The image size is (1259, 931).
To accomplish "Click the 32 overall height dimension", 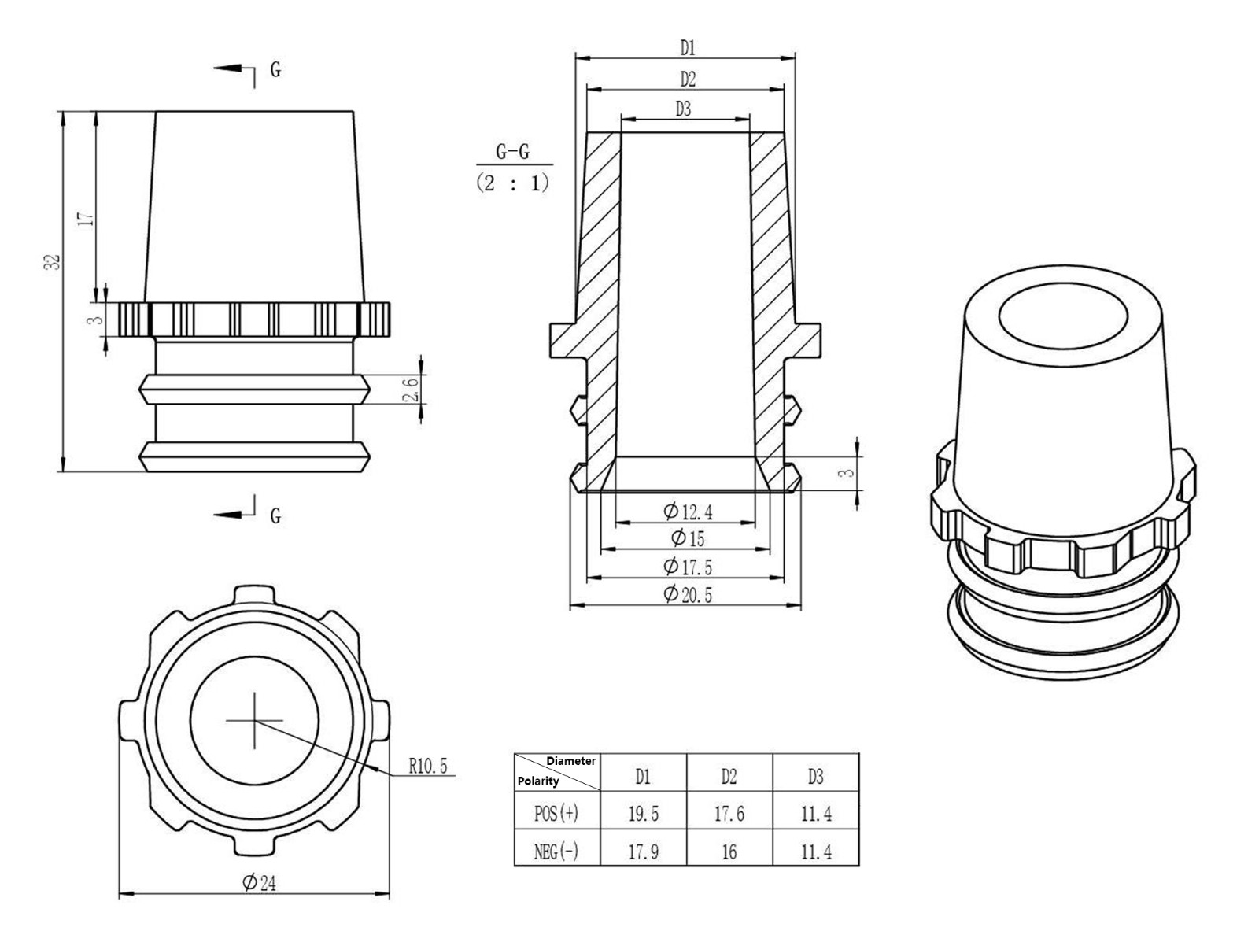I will [52, 263].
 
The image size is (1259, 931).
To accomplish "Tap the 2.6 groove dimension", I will [411, 389].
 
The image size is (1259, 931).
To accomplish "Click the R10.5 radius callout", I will [427, 766].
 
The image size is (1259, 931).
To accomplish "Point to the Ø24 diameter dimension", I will [259, 883].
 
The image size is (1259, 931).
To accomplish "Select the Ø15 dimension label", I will [688, 539].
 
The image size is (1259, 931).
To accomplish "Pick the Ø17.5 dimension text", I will [688, 567].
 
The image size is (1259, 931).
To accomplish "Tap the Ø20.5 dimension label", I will [688, 594].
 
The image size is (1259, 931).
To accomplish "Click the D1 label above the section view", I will [688, 49].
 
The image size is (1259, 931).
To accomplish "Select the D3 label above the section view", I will [683, 109].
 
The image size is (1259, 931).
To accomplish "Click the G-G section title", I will [512, 152].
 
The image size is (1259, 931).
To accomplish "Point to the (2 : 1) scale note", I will [512, 184].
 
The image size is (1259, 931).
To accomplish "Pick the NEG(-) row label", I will [556, 852].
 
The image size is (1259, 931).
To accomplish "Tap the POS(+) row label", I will [556, 814].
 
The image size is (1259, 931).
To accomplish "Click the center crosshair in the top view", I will [254, 720].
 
